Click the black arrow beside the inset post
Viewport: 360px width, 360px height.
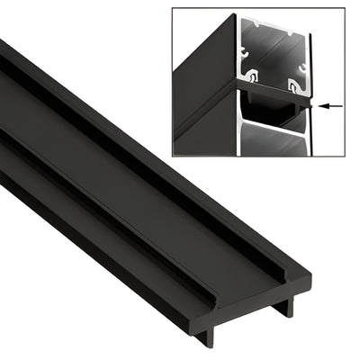[x=331, y=105]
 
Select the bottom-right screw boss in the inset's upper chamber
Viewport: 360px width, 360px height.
[x=292, y=85]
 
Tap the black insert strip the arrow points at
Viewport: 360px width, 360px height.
[x=270, y=100]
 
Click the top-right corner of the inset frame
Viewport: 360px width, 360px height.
[x=344, y=10]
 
